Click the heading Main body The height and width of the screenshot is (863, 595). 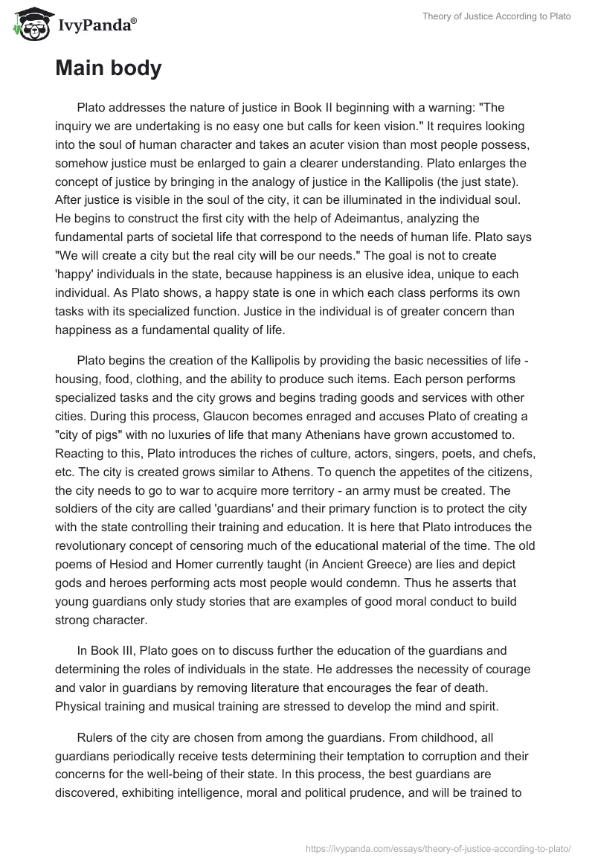[108, 68]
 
